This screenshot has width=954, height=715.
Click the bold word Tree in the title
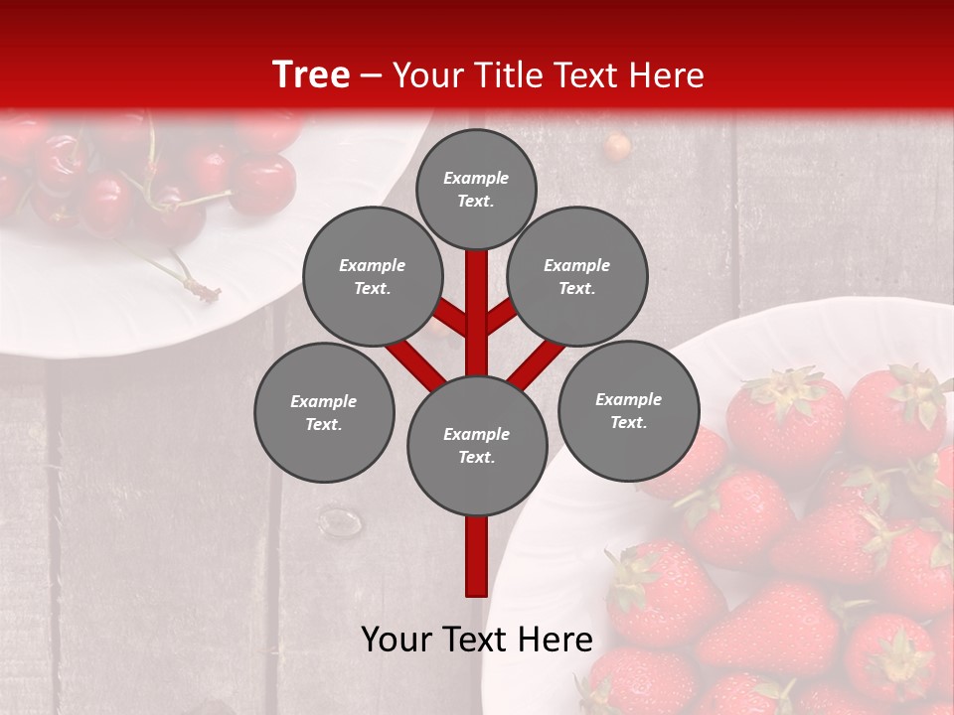[x=311, y=74]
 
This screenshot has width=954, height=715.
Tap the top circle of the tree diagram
[x=476, y=189]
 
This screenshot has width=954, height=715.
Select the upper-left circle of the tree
[x=373, y=277]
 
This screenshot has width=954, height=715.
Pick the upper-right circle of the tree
[x=577, y=277]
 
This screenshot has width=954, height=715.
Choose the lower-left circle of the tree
[x=324, y=413]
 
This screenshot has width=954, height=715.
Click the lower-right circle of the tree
[x=629, y=411]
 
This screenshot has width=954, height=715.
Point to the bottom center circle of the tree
[x=477, y=446]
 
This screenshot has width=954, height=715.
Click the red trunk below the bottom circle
[x=477, y=556]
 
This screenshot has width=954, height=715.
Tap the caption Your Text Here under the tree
[x=477, y=640]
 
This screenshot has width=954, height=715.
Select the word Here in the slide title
[x=665, y=75]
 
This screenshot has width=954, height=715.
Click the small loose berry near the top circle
[x=617, y=147]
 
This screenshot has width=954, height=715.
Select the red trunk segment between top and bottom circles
[x=477, y=308]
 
